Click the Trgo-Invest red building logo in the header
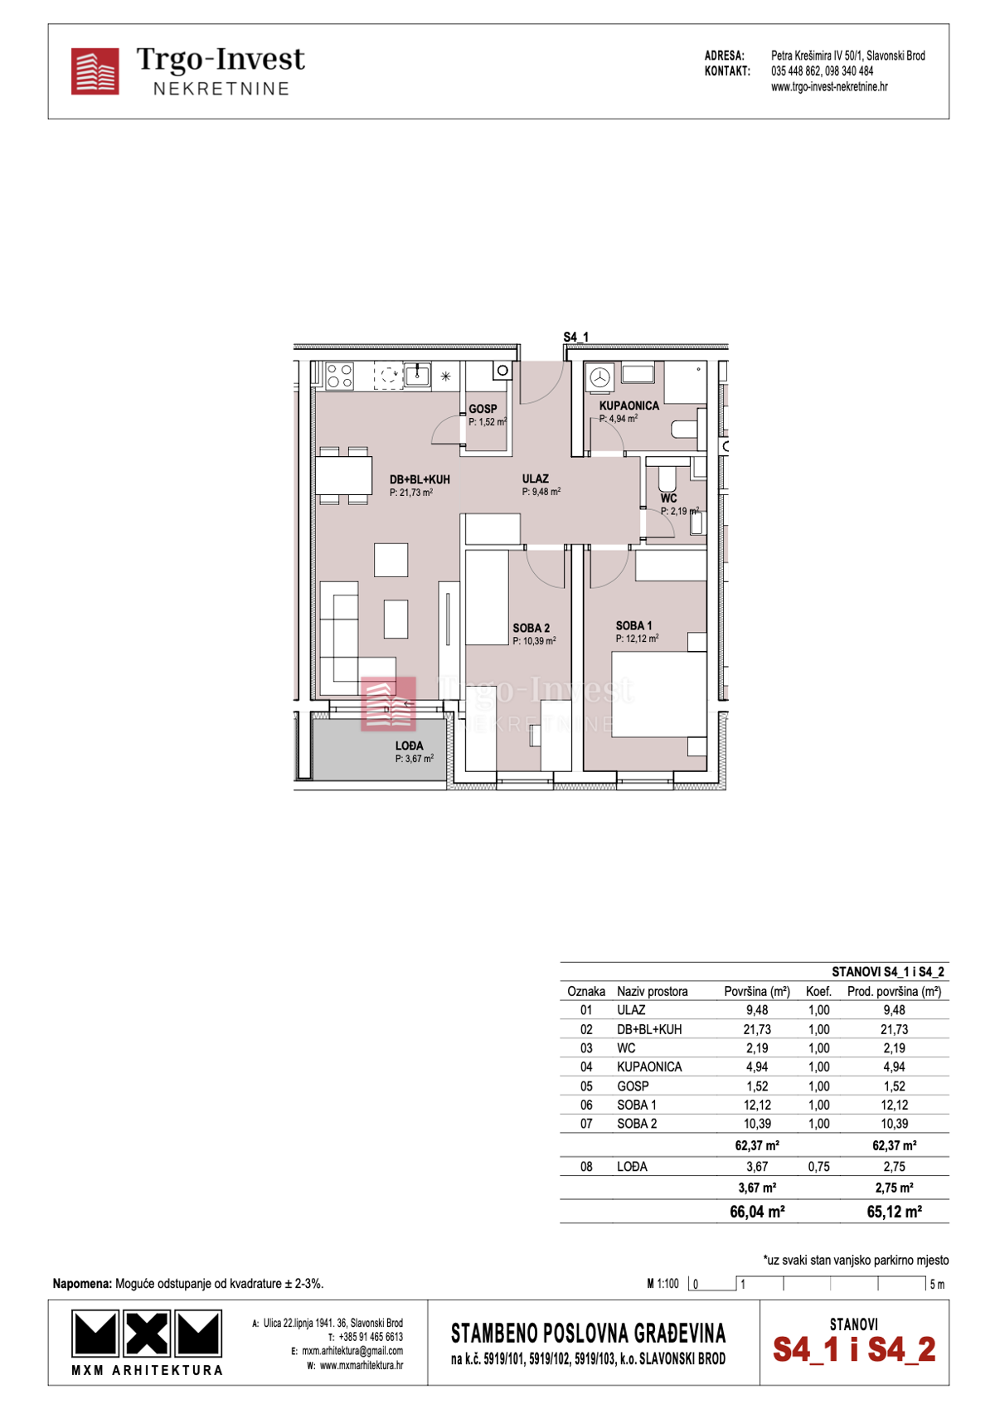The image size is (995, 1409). coord(95,71)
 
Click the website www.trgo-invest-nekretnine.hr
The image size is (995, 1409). coord(828,87)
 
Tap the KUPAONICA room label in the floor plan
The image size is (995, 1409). coord(629,406)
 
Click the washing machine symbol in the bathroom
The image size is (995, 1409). coord(600,378)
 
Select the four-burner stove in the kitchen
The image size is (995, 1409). coord(340,376)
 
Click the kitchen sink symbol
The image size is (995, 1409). coord(417,375)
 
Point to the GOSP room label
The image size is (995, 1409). coord(483,409)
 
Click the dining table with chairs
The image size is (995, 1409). coord(343,476)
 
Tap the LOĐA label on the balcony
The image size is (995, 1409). coord(410,746)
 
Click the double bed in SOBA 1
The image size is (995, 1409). coord(658,694)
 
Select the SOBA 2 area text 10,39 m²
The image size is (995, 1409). coord(534,641)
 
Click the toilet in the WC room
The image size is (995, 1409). coord(667,479)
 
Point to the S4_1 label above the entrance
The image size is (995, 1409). coord(575,337)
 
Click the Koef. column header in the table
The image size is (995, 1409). coord(818,991)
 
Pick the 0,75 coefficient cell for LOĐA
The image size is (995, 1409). coord(818,1166)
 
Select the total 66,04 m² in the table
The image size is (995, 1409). coord(757,1212)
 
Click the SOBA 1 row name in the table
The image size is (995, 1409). coord(637,1105)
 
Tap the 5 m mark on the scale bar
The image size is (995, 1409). coord(936,1285)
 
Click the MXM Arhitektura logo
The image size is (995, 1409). coord(147,1342)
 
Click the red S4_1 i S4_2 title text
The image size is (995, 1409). coord(854,1349)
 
